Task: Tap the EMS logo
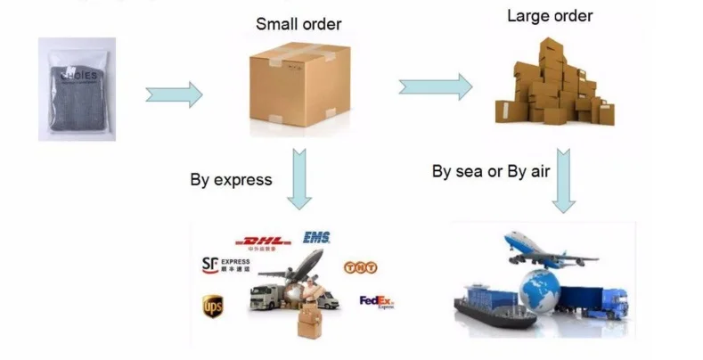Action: (316, 237)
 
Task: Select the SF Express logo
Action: (226, 264)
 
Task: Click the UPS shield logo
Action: (212, 307)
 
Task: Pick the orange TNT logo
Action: (356, 266)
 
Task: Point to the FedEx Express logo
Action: (376, 302)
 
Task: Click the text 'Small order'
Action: (298, 24)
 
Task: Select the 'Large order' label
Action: (550, 16)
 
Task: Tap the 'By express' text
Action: (231, 179)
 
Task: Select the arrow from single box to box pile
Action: (435, 86)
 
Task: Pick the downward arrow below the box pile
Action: (562, 180)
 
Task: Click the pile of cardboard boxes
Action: (553, 86)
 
